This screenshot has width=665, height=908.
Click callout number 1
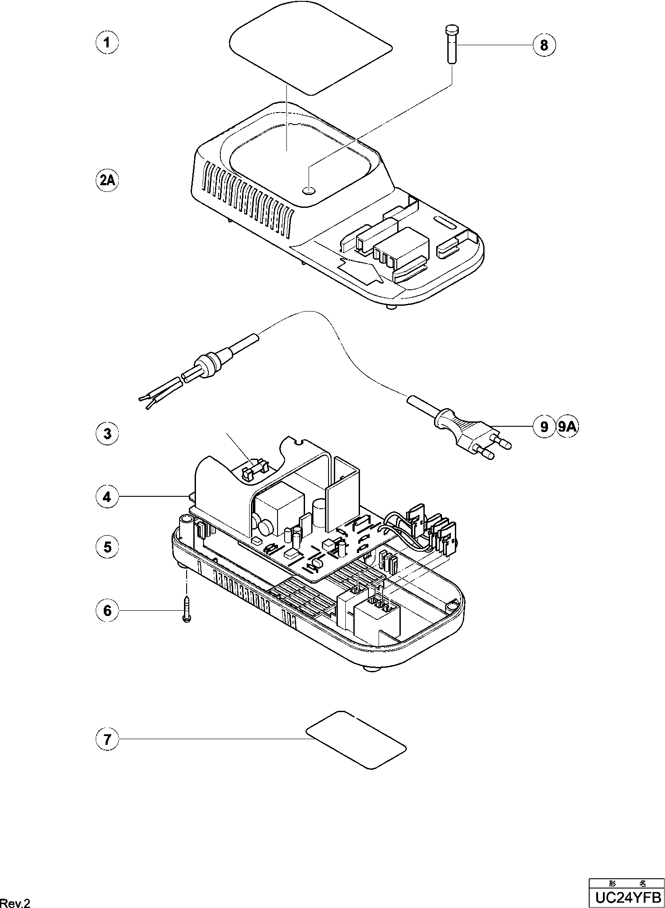tap(107, 43)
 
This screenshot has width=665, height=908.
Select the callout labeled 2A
tap(107, 181)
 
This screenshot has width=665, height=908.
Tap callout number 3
tap(107, 433)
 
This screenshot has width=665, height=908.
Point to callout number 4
tap(107, 497)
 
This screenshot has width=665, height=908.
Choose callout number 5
tap(107, 547)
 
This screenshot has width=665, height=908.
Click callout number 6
tap(107, 611)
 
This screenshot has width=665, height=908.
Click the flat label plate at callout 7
tap(356, 740)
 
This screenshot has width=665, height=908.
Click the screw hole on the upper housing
tap(309, 191)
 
